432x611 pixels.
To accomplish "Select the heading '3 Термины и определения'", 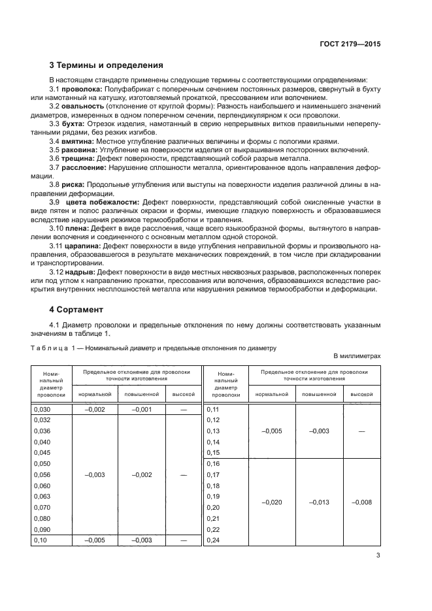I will pyautogui.click(x=107, y=65).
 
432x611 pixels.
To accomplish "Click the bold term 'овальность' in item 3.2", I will pyautogui.click(x=82, y=106).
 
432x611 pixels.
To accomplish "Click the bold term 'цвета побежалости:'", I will pyautogui.click(x=107, y=202).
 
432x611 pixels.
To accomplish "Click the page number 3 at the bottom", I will pyautogui.click(x=378, y=555).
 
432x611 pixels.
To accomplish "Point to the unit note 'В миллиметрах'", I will pyautogui.click(x=357, y=355).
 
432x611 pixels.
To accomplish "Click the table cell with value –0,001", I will pyautogui.click(x=141, y=410).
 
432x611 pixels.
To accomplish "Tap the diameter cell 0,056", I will pyautogui.click(x=41, y=475).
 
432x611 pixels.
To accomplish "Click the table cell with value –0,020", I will pyautogui.click(x=272, y=502).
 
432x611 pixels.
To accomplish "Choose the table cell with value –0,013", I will pyautogui.click(x=320, y=502).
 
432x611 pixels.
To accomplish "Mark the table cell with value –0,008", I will pyautogui.click(x=362, y=502).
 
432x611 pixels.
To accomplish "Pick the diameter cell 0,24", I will pyautogui.click(x=213, y=540).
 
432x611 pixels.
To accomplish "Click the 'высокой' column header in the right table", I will pyautogui.click(x=362, y=395).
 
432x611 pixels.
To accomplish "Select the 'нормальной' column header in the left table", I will pyautogui.click(x=95, y=395).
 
